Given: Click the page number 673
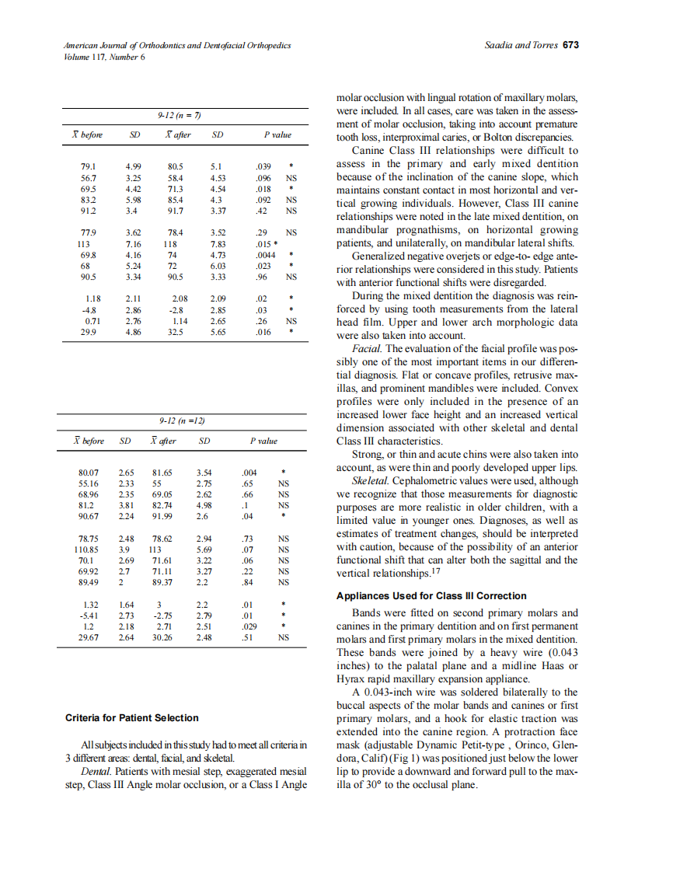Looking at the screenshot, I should [x=571, y=45].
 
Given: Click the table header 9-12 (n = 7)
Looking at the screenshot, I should [x=180, y=116].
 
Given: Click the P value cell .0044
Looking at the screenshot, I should [x=266, y=254].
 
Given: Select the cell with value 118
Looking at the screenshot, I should [x=169, y=243].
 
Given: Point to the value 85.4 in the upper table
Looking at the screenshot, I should [x=176, y=199].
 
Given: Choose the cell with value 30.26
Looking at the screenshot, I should [x=164, y=637].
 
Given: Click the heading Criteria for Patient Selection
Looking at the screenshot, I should [x=131, y=717].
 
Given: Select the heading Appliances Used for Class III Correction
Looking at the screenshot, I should [x=431, y=596].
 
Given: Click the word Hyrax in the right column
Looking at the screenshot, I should [x=348, y=678].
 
